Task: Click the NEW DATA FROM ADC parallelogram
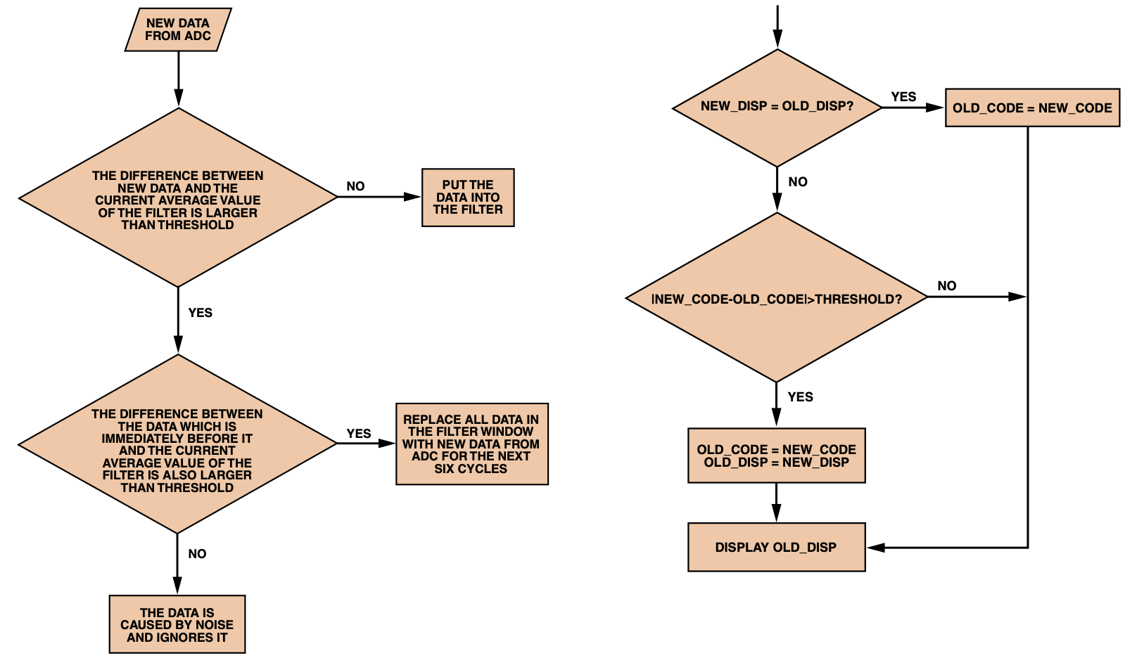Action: [178, 30]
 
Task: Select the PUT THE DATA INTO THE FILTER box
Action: [468, 198]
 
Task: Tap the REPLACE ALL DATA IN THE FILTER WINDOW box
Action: [471, 444]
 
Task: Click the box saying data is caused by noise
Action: [177, 624]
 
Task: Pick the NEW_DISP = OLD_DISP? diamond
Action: [777, 108]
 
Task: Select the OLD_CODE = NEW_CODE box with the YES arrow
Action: [1032, 108]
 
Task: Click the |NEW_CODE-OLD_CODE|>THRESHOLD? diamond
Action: [777, 298]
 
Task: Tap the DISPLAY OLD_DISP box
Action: [776, 547]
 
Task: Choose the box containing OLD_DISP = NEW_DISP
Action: [776, 455]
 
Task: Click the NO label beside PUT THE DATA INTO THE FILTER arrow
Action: [355, 186]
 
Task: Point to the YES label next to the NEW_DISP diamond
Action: [903, 97]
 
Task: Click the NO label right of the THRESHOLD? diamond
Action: [946, 285]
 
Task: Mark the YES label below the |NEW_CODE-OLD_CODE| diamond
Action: [800, 397]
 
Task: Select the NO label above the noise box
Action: [197, 554]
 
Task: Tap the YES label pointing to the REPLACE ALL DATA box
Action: [359, 434]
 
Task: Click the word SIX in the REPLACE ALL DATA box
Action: [444, 469]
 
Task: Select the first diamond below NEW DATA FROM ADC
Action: [178, 198]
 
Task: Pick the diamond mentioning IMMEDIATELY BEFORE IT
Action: [178, 444]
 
